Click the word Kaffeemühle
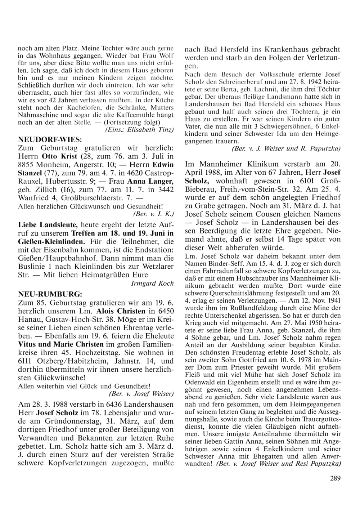point(138,115)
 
